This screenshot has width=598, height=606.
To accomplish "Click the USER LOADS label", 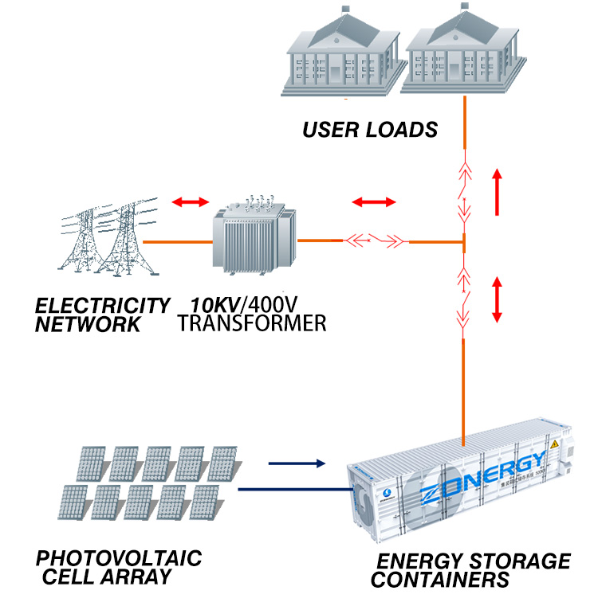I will pyautogui.click(x=370, y=129).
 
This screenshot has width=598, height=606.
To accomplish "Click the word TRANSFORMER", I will pyautogui.click(x=252, y=323).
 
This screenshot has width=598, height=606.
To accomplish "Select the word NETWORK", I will pyautogui.click(x=89, y=324).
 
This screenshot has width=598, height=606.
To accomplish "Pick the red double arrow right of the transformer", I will pyautogui.click(x=374, y=201).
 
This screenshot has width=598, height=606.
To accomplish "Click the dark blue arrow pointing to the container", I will pyautogui.click(x=297, y=462).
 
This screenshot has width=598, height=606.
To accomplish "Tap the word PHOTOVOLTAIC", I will pyautogui.click(x=119, y=557).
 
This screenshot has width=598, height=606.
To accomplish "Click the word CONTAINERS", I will pyautogui.click(x=440, y=581).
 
